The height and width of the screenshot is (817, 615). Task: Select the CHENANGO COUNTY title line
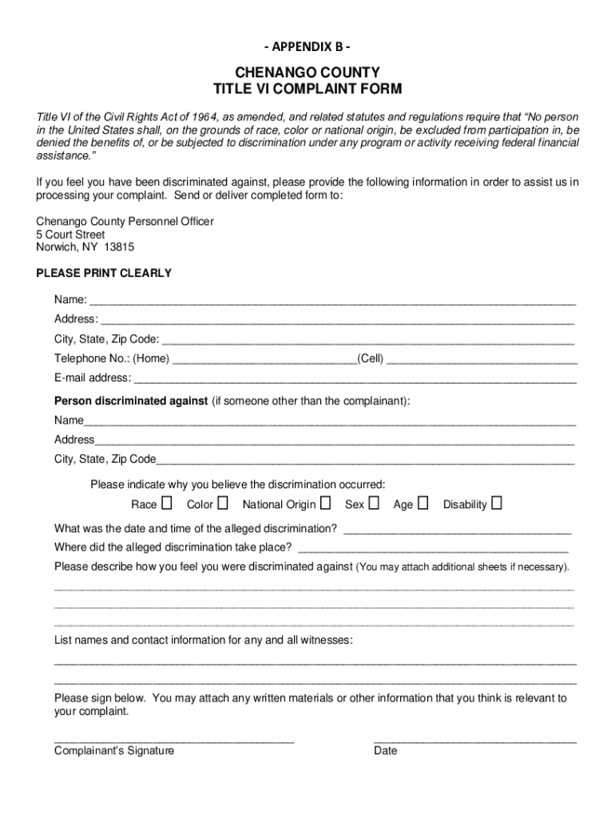tap(307, 73)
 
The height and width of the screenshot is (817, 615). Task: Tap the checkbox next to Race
tap(166, 503)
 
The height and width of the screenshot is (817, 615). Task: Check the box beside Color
tap(223, 503)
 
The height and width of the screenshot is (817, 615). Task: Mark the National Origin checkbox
tap(326, 503)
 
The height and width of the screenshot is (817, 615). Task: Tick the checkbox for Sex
tap(374, 503)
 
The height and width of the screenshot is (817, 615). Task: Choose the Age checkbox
tap(423, 503)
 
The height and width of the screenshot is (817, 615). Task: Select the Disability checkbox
tap(497, 503)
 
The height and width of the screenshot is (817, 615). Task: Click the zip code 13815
tap(118, 247)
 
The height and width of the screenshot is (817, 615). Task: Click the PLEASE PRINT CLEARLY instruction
tap(104, 273)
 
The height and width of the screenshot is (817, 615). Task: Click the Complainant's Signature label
tap(114, 751)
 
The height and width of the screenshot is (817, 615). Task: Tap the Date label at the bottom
tap(385, 751)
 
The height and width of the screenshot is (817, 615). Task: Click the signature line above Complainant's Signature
tap(174, 741)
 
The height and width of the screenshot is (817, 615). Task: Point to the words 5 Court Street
tap(70, 235)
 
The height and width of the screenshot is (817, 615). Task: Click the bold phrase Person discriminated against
tap(131, 401)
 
